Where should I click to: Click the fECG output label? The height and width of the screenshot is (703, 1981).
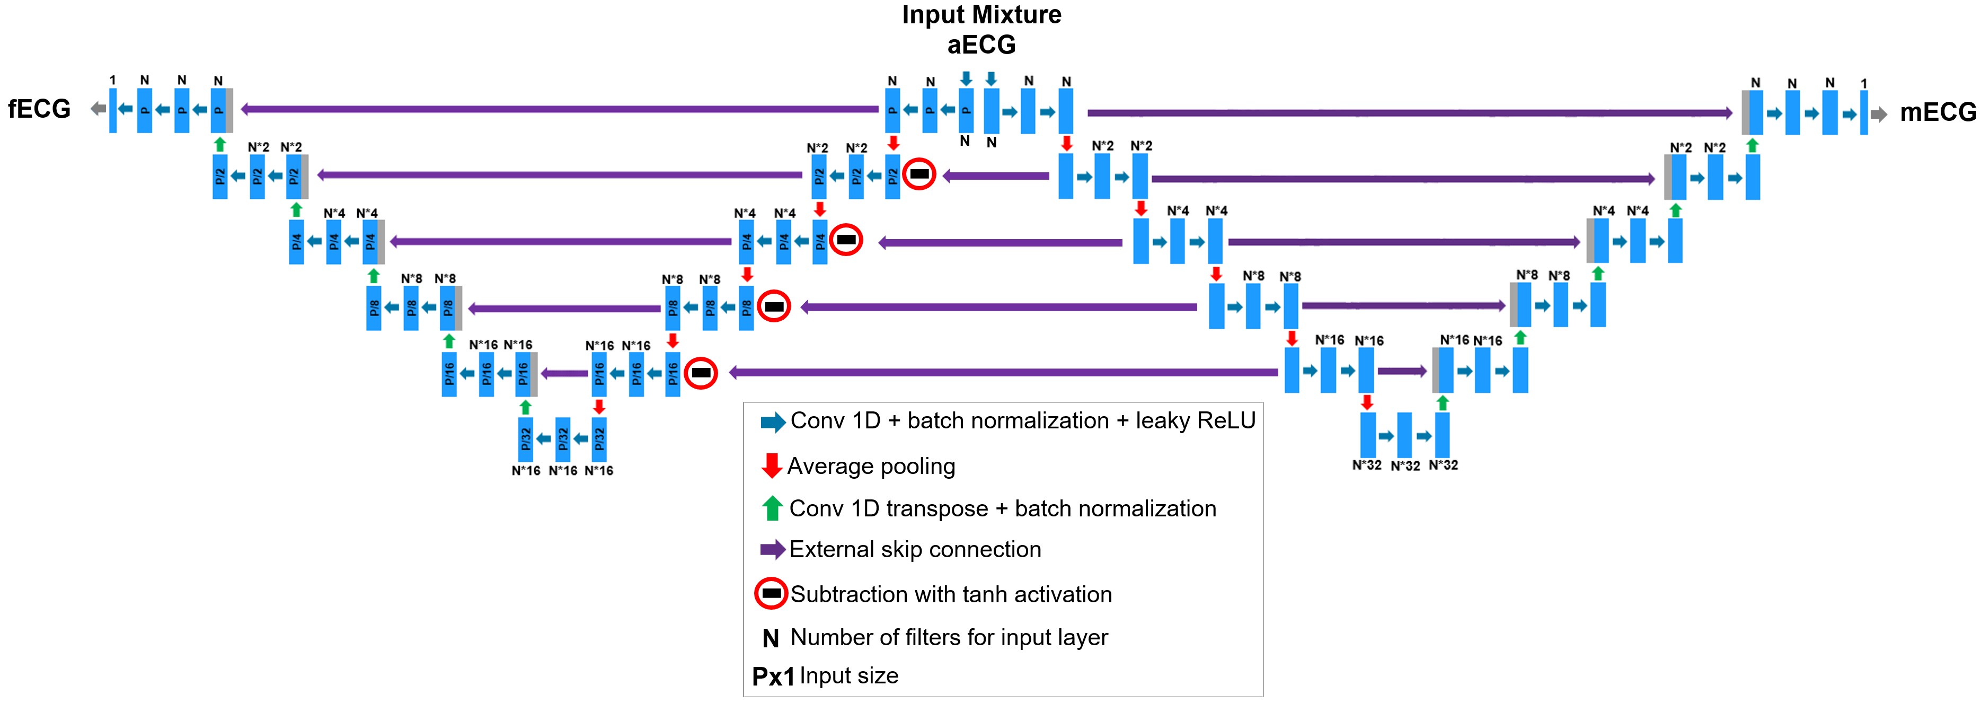39,109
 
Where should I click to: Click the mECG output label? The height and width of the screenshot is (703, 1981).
1937,112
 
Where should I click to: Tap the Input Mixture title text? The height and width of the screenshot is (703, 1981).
981,15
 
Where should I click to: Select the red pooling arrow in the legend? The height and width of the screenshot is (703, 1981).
771,465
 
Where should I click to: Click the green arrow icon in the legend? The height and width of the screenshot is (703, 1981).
771,508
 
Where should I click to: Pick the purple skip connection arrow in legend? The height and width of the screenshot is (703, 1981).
772,549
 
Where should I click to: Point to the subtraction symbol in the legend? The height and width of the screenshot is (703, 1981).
771,593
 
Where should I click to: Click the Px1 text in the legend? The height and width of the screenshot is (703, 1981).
773,676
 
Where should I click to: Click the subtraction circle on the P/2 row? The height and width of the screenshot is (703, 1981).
919,174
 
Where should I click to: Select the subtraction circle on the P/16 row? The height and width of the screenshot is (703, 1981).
701,373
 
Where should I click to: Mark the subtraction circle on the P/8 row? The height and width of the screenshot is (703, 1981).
774,306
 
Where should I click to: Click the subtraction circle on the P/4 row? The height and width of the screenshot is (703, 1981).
846,240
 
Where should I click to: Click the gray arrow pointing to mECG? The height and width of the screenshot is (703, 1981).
1879,115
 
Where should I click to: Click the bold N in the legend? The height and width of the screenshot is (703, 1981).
771,638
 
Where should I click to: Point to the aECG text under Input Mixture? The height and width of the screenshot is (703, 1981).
981,45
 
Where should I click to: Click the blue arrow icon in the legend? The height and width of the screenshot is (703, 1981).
772,421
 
